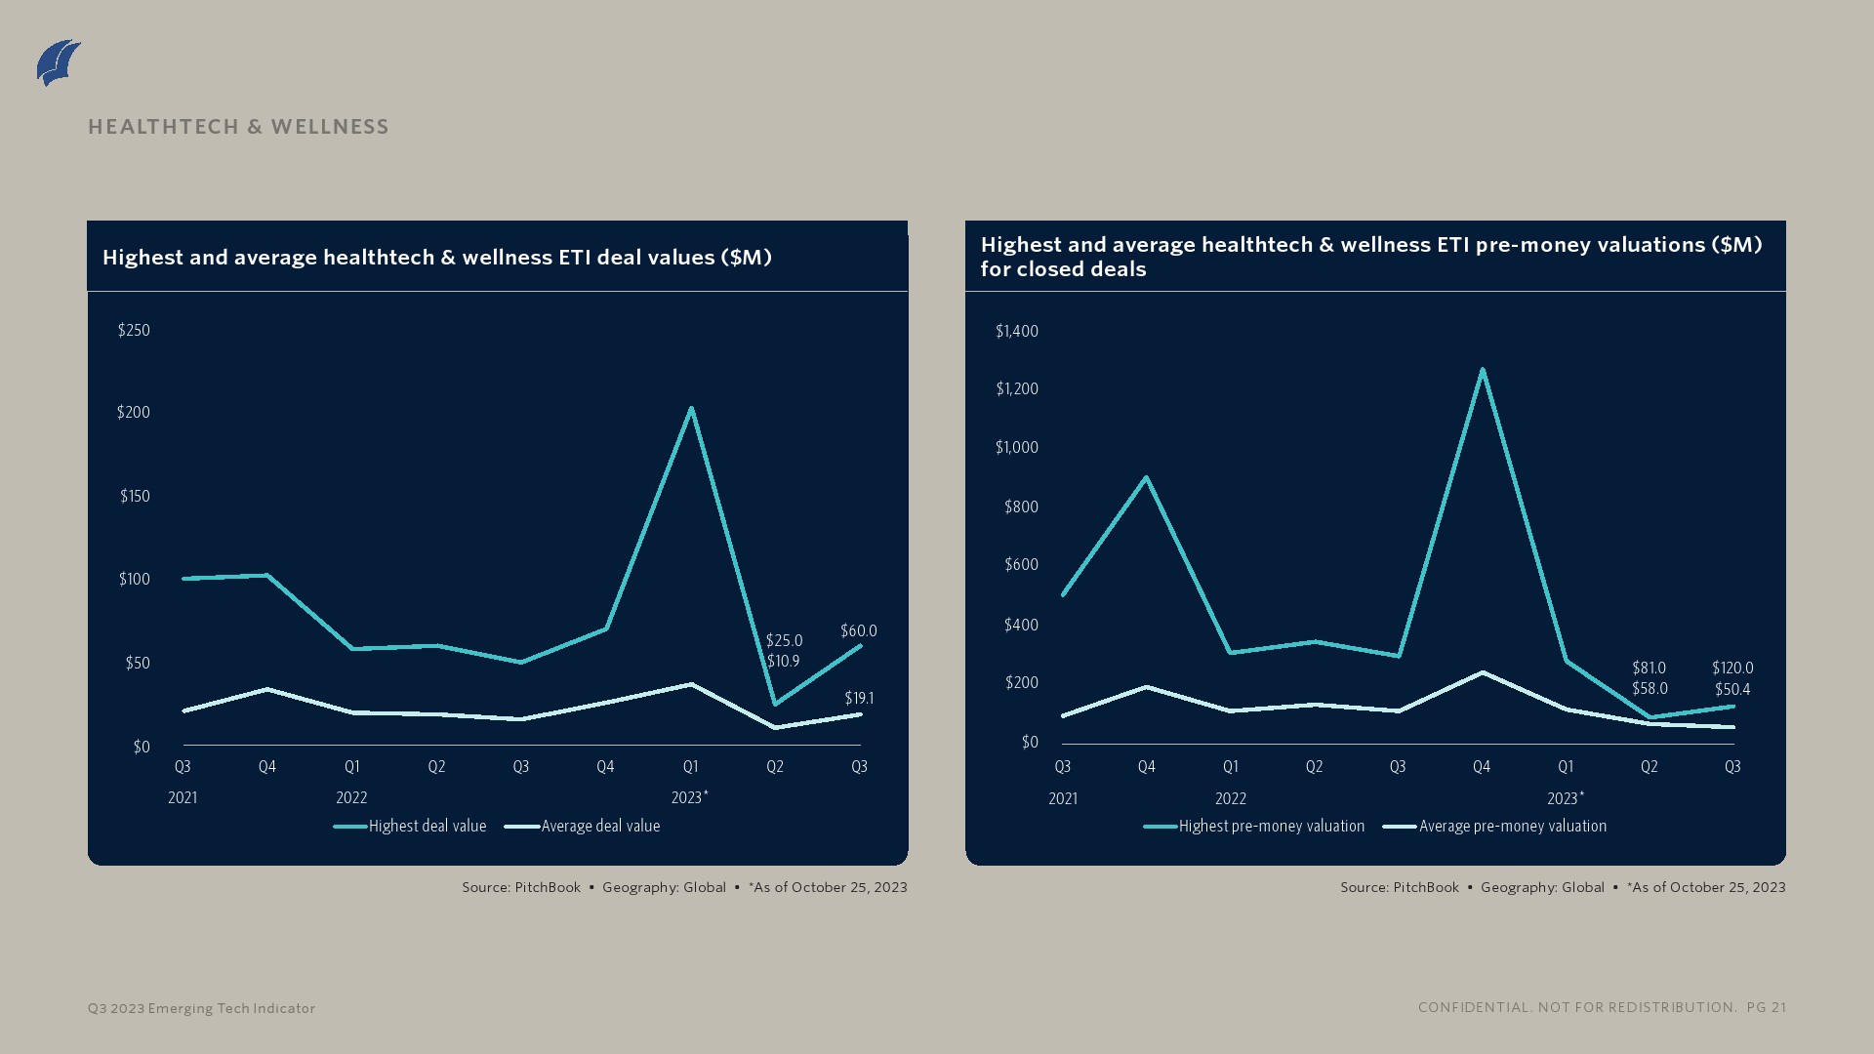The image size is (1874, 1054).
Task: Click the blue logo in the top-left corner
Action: coord(59,62)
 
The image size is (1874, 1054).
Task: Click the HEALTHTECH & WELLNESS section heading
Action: coord(238,127)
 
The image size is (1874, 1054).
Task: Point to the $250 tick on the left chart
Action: coord(134,330)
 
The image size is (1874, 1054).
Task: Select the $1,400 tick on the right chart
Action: coord(1016,331)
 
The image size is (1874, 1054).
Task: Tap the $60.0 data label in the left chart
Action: coord(858,630)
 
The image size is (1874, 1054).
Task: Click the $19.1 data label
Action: coord(859,698)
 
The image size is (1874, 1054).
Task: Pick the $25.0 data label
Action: coord(784,640)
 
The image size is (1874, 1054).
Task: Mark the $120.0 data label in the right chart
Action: coord(1731,668)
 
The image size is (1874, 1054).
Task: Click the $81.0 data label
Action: coord(1649,668)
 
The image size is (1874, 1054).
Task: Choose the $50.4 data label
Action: coord(1731,689)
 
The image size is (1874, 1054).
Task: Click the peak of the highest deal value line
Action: coord(691,409)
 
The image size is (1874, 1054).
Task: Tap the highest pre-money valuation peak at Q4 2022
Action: coord(1483,370)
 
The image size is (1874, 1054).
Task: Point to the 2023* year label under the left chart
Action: coord(689,797)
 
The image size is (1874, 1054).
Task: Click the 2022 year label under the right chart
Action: coord(1230,798)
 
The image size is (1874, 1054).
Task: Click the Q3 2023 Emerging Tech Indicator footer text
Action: coord(201,1008)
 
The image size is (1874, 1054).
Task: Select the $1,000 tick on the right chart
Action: coord(1016,447)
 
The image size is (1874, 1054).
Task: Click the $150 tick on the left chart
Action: coord(135,496)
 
